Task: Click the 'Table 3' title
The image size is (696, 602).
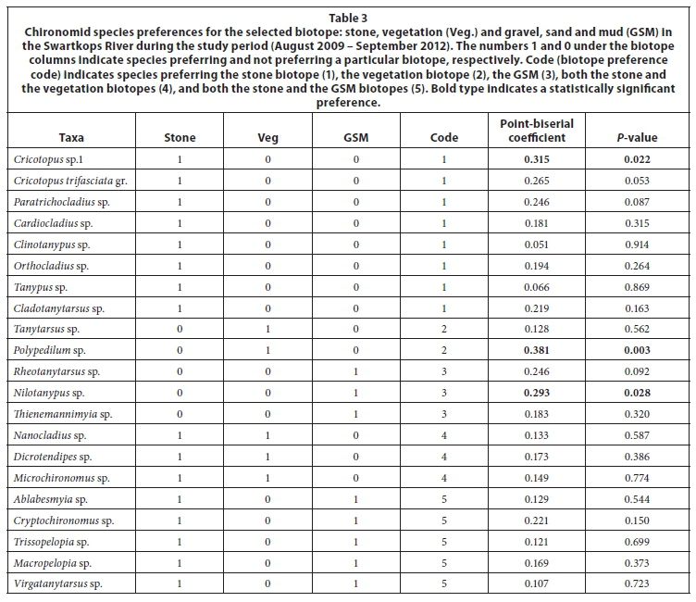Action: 348,15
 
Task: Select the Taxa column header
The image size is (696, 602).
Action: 71,138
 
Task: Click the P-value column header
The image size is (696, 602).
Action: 637,138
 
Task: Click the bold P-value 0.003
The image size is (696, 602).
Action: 637,351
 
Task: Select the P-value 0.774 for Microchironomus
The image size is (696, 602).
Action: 637,478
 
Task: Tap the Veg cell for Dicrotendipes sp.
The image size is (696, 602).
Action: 268,457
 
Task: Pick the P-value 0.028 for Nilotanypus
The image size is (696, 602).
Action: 637,393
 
